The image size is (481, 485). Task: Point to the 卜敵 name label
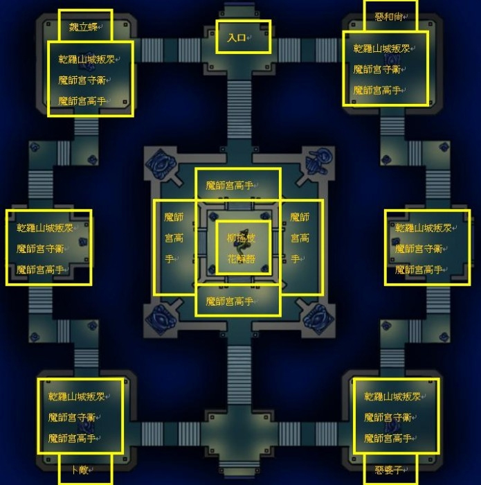pyautogui.click(x=83, y=470)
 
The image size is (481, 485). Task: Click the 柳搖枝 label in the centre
pyautogui.click(x=241, y=238)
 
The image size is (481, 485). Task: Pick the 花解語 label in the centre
pyautogui.click(x=241, y=258)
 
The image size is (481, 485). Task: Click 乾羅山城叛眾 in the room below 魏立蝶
pyautogui.click(x=89, y=60)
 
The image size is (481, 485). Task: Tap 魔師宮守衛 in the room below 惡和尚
pyautogui.click(x=377, y=69)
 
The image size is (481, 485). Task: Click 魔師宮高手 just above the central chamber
pyautogui.click(x=230, y=186)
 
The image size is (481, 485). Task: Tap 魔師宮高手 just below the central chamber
pyautogui.click(x=230, y=301)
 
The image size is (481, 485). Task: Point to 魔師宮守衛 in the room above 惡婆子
pyautogui.click(x=388, y=418)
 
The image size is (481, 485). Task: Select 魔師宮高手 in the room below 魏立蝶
pyautogui.click(x=82, y=100)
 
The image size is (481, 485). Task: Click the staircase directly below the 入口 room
pyautogui.click(x=239, y=104)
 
